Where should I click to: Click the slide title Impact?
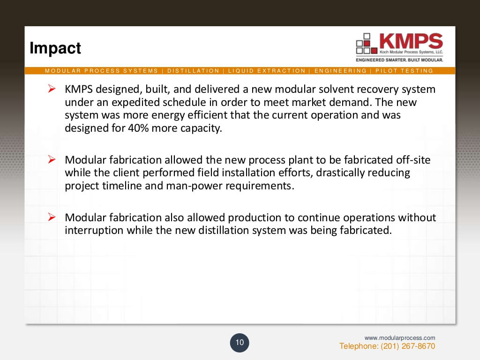point(55,48)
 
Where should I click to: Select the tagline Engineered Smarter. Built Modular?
point(399,60)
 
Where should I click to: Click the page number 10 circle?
point(240,343)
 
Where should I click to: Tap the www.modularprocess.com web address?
point(400,337)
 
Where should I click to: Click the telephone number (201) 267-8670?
point(387,346)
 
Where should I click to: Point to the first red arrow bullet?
point(52,89)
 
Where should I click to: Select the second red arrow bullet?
point(52,160)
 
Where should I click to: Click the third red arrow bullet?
point(52,217)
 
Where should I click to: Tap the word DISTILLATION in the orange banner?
point(193,71)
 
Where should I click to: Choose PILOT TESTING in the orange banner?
point(404,71)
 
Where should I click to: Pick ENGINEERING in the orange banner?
point(340,71)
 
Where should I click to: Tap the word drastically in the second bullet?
point(341,173)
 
